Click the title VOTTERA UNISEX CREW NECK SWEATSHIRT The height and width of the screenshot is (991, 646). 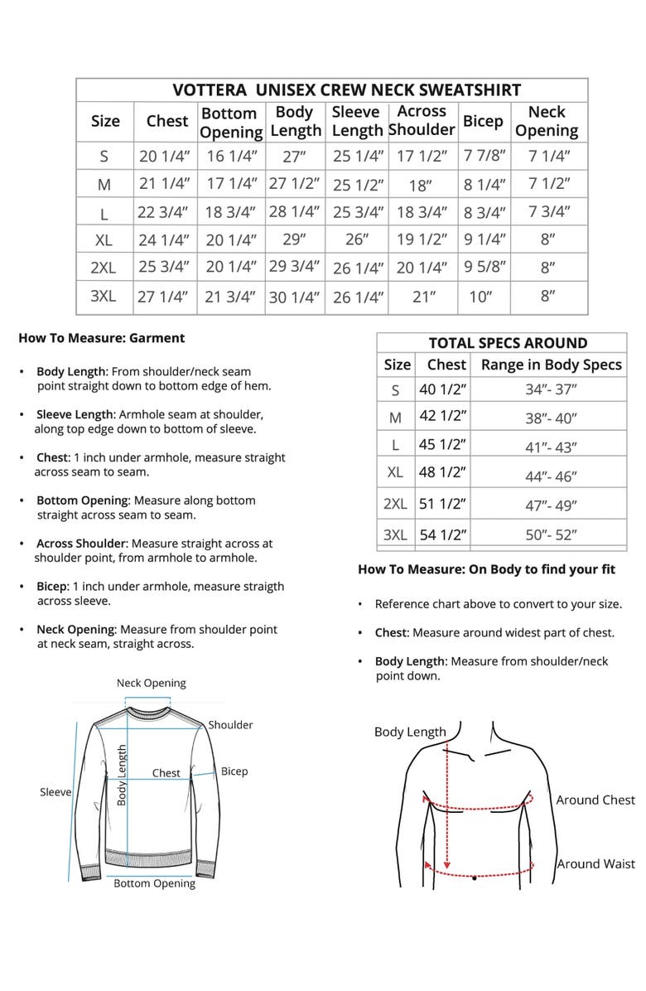point(346,90)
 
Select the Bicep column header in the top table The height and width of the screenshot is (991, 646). point(483,121)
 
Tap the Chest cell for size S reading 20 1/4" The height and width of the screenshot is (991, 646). point(164,155)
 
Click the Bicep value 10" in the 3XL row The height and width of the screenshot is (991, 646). point(480,297)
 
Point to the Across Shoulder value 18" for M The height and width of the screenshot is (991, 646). point(422,184)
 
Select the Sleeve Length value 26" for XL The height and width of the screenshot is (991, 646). point(357,239)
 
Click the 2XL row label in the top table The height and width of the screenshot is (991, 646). point(104,268)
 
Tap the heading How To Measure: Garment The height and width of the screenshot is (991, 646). point(101,337)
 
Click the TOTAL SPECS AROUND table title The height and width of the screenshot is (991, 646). point(508,343)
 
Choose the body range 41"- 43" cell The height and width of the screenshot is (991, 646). point(551,447)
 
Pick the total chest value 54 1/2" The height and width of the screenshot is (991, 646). point(443,534)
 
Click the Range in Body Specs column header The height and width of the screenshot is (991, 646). point(551,365)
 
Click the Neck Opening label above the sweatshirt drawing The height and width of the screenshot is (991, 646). point(151,683)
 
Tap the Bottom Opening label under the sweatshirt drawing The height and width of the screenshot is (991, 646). point(154,883)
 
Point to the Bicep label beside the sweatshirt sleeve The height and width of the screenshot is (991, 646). point(234,771)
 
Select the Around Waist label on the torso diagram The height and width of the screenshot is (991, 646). point(595,863)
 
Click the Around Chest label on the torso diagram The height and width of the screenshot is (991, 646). point(595,800)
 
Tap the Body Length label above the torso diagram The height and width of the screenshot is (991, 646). point(410,732)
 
